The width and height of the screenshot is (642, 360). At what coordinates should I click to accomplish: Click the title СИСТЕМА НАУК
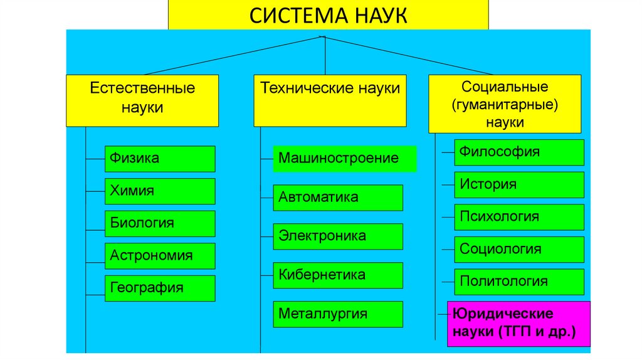[x=328, y=14]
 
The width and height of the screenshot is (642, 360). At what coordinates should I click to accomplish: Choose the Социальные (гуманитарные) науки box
[x=504, y=104]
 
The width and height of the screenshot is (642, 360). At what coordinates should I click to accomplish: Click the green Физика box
[x=160, y=159]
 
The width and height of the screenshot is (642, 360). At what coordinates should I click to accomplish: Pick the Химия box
[x=160, y=191]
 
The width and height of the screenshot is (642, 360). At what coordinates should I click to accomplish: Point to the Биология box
[x=160, y=223]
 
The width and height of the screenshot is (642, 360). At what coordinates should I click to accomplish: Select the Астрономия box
[x=160, y=256]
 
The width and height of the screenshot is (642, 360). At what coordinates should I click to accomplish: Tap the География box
[x=160, y=288]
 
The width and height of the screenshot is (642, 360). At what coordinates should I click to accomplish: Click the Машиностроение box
[x=345, y=159]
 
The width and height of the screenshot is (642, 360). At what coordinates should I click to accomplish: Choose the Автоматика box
[x=338, y=198]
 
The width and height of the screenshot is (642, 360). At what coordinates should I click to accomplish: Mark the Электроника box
[x=338, y=236]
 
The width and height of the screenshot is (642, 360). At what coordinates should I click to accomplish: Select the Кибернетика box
[x=338, y=275]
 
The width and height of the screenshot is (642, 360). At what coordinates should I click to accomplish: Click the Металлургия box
[x=338, y=314]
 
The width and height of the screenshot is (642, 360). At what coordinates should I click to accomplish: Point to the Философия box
[x=520, y=152]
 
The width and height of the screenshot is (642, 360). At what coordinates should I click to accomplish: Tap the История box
[x=520, y=184]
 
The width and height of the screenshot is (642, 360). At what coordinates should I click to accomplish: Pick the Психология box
[x=520, y=217]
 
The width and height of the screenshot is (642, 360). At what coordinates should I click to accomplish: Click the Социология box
[x=520, y=250]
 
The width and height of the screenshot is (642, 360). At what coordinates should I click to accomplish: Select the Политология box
[x=520, y=282]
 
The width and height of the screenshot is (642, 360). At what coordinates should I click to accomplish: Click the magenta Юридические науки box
[x=518, y=324]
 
